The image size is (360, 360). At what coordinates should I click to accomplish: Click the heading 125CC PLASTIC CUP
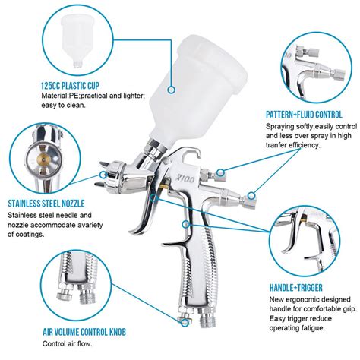click(x=70, y=86)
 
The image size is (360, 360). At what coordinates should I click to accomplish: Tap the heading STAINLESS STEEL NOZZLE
click(x=46, y=204)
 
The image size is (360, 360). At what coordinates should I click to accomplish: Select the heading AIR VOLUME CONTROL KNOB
click(x=84, y=332)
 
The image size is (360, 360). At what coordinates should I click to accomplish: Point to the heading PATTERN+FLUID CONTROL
click(x=304, y=115)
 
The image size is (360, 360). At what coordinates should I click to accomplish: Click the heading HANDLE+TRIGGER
click(x=296, y=288)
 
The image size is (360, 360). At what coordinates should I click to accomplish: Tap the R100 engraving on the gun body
click(x=186, y=179)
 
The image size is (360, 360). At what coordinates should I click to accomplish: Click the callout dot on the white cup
click(x=172, y=90)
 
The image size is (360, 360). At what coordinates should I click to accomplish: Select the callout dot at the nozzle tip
click(x=103, y=175)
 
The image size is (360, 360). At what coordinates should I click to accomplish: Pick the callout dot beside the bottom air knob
click(x=185, y=323)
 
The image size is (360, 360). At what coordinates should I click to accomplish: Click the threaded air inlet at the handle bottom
click(x=207, y=318)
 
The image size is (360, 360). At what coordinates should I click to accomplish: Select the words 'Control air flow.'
click(x=68, y=344)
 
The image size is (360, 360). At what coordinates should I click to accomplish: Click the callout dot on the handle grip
click(x=186, y=224)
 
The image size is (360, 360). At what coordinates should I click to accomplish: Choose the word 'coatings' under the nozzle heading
click(x=30, y=235)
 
